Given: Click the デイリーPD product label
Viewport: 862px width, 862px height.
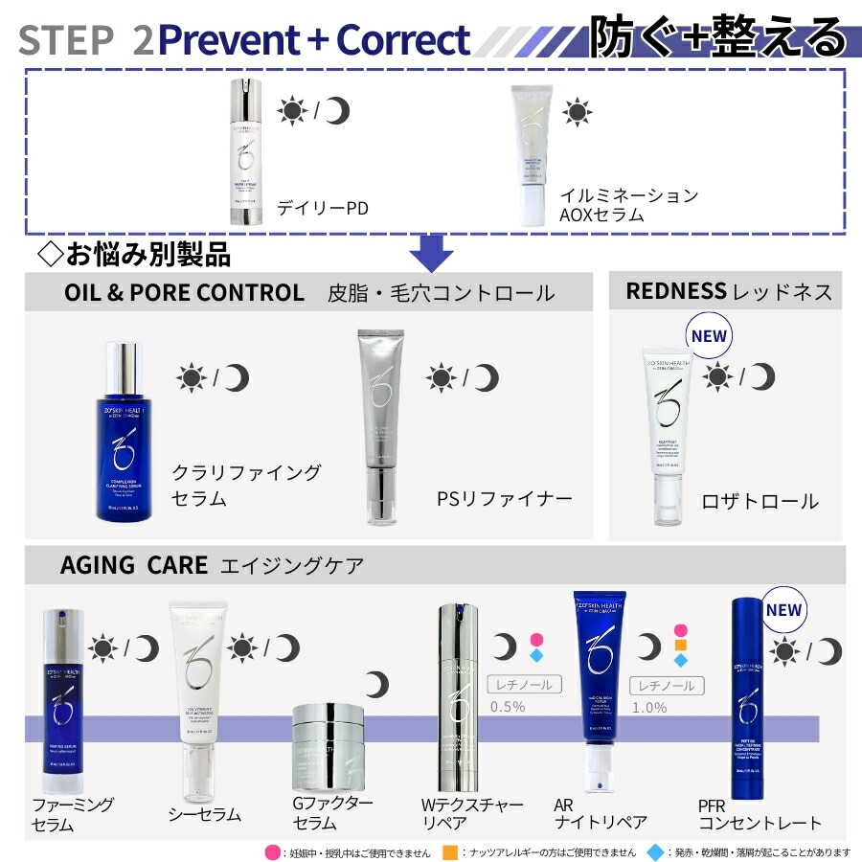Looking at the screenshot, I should coord(322,206).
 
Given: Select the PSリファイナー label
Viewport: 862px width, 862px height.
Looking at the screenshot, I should coord(503,498).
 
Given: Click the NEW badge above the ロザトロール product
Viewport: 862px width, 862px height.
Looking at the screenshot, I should coord(708,337).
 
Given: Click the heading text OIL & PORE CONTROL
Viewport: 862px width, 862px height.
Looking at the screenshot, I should coord(184,292).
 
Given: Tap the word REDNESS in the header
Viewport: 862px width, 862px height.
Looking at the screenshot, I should coord(675,291).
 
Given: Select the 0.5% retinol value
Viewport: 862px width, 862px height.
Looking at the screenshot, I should coord(507,707).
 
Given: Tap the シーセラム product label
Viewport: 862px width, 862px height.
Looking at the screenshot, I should coord(204,814).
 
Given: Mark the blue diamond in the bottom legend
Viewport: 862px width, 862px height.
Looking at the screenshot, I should coord(654,851).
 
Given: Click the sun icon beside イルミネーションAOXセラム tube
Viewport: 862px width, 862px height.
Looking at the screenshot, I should coord(577,111).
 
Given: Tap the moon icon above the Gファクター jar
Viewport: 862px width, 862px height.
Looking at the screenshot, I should coord(377,684).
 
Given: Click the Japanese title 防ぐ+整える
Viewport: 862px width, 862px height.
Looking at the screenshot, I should coord(717,38).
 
